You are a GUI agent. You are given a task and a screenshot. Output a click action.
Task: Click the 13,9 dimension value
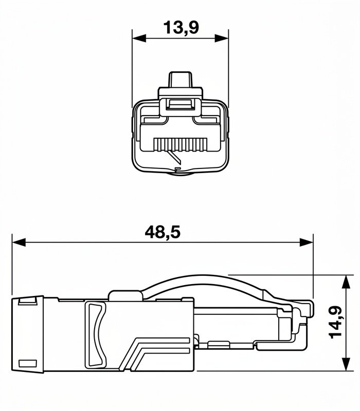[x=181, y=28]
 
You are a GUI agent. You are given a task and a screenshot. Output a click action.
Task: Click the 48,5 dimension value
[x=163, y=232]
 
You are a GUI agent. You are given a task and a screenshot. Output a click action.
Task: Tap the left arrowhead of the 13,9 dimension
[x=139, y=38]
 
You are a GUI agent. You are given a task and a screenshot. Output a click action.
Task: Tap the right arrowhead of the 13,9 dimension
[x=222, y=38]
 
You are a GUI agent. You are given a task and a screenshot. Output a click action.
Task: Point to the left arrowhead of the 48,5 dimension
[x=19, y=242]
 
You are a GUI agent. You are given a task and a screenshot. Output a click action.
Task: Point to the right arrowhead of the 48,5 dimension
[x=307, y=242]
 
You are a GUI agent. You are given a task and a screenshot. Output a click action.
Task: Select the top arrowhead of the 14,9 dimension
[x=346, y=282]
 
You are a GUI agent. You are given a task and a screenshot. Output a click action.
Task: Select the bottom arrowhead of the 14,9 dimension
[x=346, y=364]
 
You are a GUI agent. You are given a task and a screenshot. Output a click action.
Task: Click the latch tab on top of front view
[x=181, y=80]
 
